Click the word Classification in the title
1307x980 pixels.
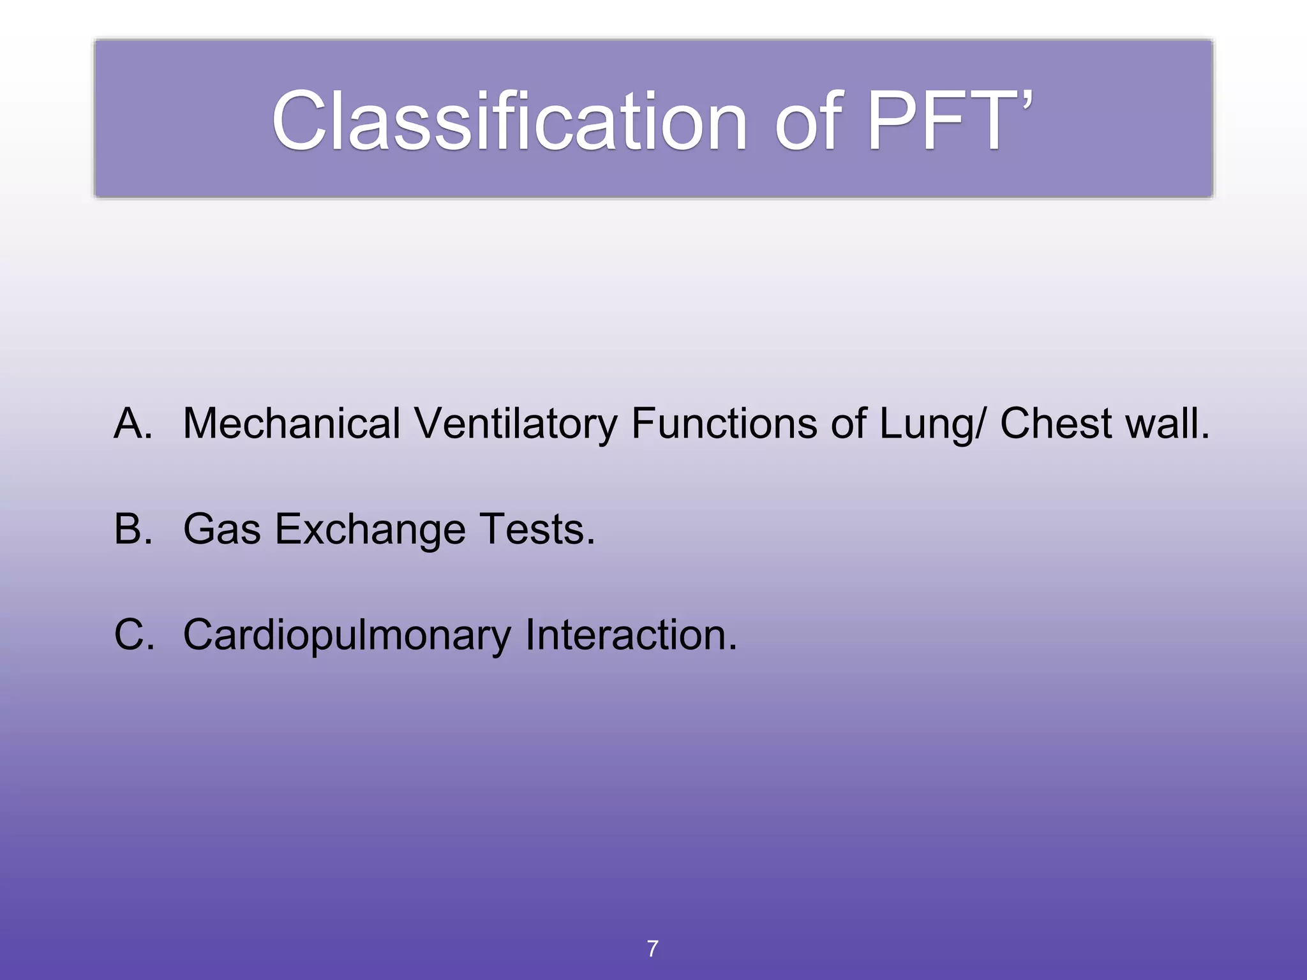509,121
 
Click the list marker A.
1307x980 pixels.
133,424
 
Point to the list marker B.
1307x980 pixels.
133,529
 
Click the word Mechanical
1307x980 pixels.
292,424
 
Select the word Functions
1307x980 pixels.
724,424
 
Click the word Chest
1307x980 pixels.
1056,424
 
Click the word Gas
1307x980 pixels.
221,529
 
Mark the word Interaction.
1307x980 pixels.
631,635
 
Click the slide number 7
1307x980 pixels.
652,949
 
